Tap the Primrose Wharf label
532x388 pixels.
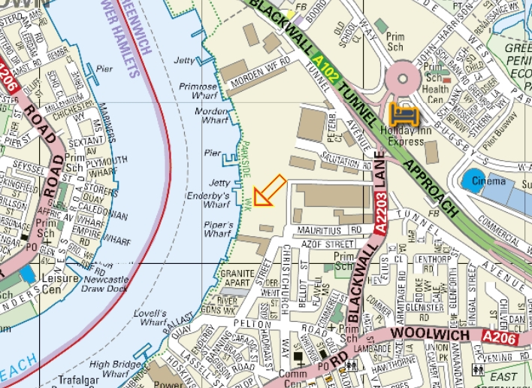[x=198, y=92]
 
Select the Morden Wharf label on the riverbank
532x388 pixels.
[x=211, y=115]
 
